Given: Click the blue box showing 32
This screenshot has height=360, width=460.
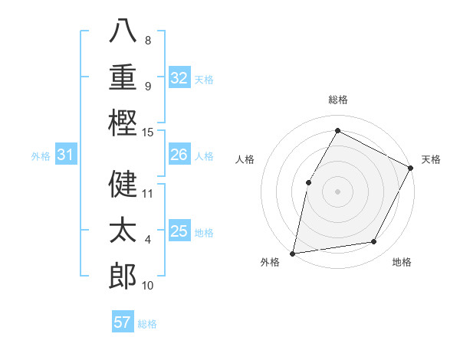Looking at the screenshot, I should point(179,78).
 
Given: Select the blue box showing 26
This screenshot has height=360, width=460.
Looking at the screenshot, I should point(179,155).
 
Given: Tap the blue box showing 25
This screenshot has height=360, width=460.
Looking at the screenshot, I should point(179,231).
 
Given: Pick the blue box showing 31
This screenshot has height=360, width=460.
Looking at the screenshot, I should point(66,155).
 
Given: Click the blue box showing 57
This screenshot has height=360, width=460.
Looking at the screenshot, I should point(123,322).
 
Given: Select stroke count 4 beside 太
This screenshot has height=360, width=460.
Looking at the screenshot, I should point(148,240).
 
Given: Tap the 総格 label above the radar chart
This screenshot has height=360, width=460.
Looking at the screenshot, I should point(337,100).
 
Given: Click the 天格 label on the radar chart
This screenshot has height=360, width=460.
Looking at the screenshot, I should point(431,159).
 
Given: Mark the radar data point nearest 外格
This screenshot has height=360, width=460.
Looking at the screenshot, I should point(292,253).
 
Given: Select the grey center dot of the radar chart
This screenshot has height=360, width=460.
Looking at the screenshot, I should point(337,191).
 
